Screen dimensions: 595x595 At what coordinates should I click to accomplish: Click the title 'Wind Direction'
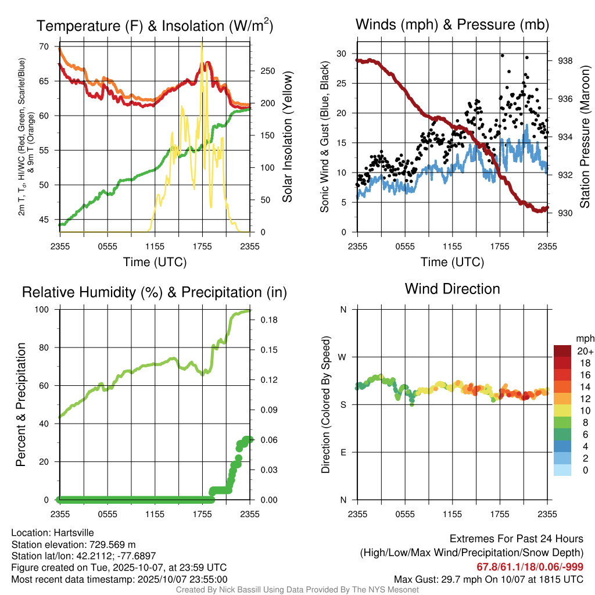coord(452,289)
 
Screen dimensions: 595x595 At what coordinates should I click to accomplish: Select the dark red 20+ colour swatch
coord(562,350)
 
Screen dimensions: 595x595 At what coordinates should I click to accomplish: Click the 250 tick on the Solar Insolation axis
coord(267,71)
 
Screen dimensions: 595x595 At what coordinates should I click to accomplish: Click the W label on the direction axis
coord(342,357)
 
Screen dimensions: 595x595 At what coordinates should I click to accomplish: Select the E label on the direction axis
coord(343,452)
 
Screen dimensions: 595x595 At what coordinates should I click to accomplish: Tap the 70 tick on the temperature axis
coord(43,46)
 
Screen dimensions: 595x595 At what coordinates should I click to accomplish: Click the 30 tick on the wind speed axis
coord(342,53)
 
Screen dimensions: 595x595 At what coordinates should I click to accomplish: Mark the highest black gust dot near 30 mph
coord(502,55)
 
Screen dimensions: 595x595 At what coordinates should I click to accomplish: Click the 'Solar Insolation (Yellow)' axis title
coord(287,137)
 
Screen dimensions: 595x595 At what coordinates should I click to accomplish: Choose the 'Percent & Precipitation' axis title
coord(21,404)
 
